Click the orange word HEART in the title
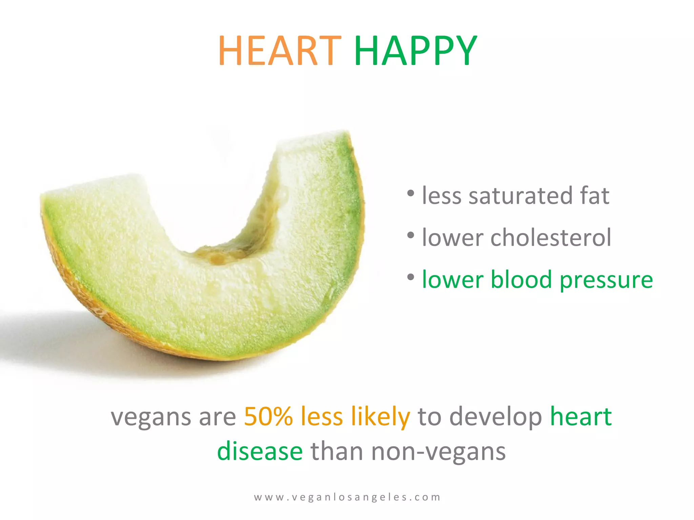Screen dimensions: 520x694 pyautogui.click(x=280, y=51)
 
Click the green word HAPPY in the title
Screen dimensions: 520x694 pyautogui.click(x=416, y=51)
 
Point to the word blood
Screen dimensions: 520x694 pyautogui.click(x=522, y=280)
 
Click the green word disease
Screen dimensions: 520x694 pyautogui.click(x=260, y=452)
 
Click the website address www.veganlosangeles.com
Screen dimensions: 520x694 pyautogui.click(x=347, y=497)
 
